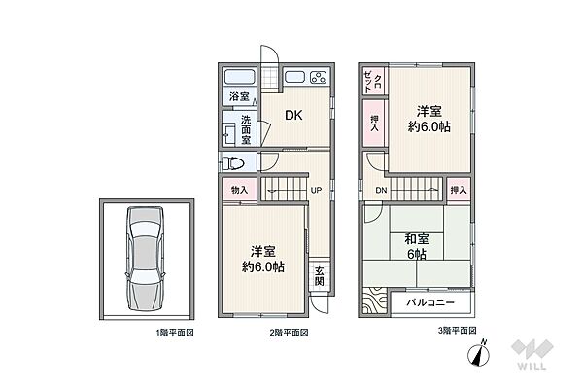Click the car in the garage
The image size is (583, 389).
145,259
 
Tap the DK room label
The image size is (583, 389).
293,116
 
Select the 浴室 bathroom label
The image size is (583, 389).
239,97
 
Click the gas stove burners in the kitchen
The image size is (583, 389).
319,78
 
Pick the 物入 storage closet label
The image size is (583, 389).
239,190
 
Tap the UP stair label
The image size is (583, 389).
316,191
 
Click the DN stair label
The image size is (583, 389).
381,191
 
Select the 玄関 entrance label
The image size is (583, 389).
319,276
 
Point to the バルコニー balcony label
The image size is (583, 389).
430,302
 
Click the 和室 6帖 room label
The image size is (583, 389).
417,246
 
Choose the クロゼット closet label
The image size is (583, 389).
373,81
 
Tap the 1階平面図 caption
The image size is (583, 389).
175,333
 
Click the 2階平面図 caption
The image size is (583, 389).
289,333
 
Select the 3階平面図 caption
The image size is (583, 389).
458,331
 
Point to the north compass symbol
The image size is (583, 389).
479,353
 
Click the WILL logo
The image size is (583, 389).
532,354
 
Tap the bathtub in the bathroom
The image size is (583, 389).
240,77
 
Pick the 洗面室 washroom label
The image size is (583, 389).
246,130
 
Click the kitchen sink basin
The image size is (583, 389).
294,77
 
